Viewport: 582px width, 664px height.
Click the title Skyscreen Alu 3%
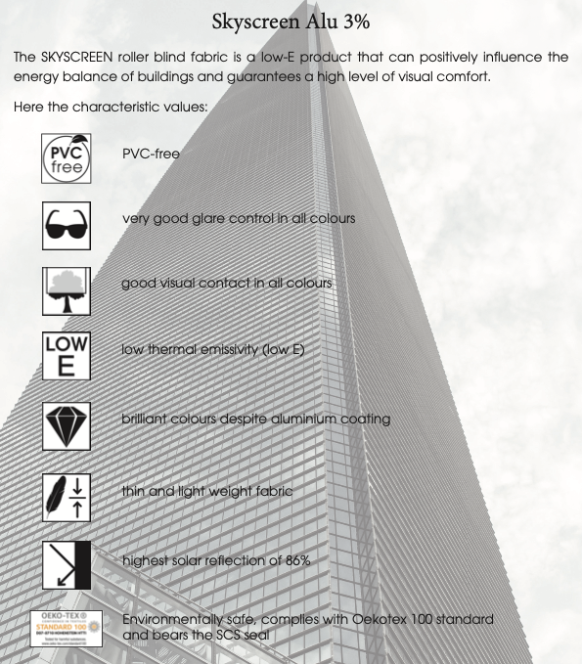[x=291, y=22]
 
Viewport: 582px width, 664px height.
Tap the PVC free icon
[x=67, y=159]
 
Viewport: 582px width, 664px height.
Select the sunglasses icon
[x=67, y=225]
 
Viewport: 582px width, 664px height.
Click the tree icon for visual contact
[x=67, y=290]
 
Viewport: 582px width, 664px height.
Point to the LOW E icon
[x=67, y=355]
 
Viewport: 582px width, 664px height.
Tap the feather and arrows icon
[x=67, y=496]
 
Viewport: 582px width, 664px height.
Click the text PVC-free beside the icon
[x=151, y=154]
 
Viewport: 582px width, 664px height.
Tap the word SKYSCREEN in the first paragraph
[x=86, y=57]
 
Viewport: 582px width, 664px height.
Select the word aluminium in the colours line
[x=302, y=419]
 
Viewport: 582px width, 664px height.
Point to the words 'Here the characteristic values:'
[x=111, y=107]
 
